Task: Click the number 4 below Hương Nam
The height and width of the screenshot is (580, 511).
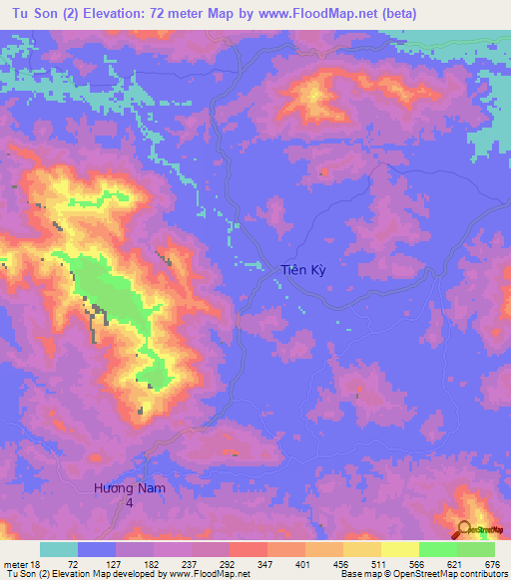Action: click(x=128, y=504)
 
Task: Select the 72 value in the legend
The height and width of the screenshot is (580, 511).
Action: click(x=73, y=563)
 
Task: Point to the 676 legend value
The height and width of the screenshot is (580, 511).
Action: click(x=491, y=563)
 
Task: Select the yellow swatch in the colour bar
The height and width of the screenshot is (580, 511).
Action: click(x=399, y=549)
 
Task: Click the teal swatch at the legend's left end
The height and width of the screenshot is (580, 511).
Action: click(x=59, y=549)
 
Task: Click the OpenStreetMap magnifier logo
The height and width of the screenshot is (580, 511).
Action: click(x=464, y=528)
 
